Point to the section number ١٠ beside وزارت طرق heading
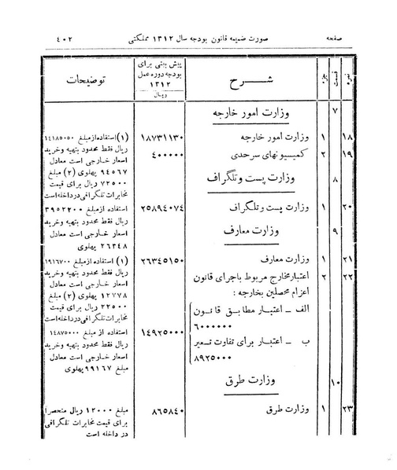point(334,383)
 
